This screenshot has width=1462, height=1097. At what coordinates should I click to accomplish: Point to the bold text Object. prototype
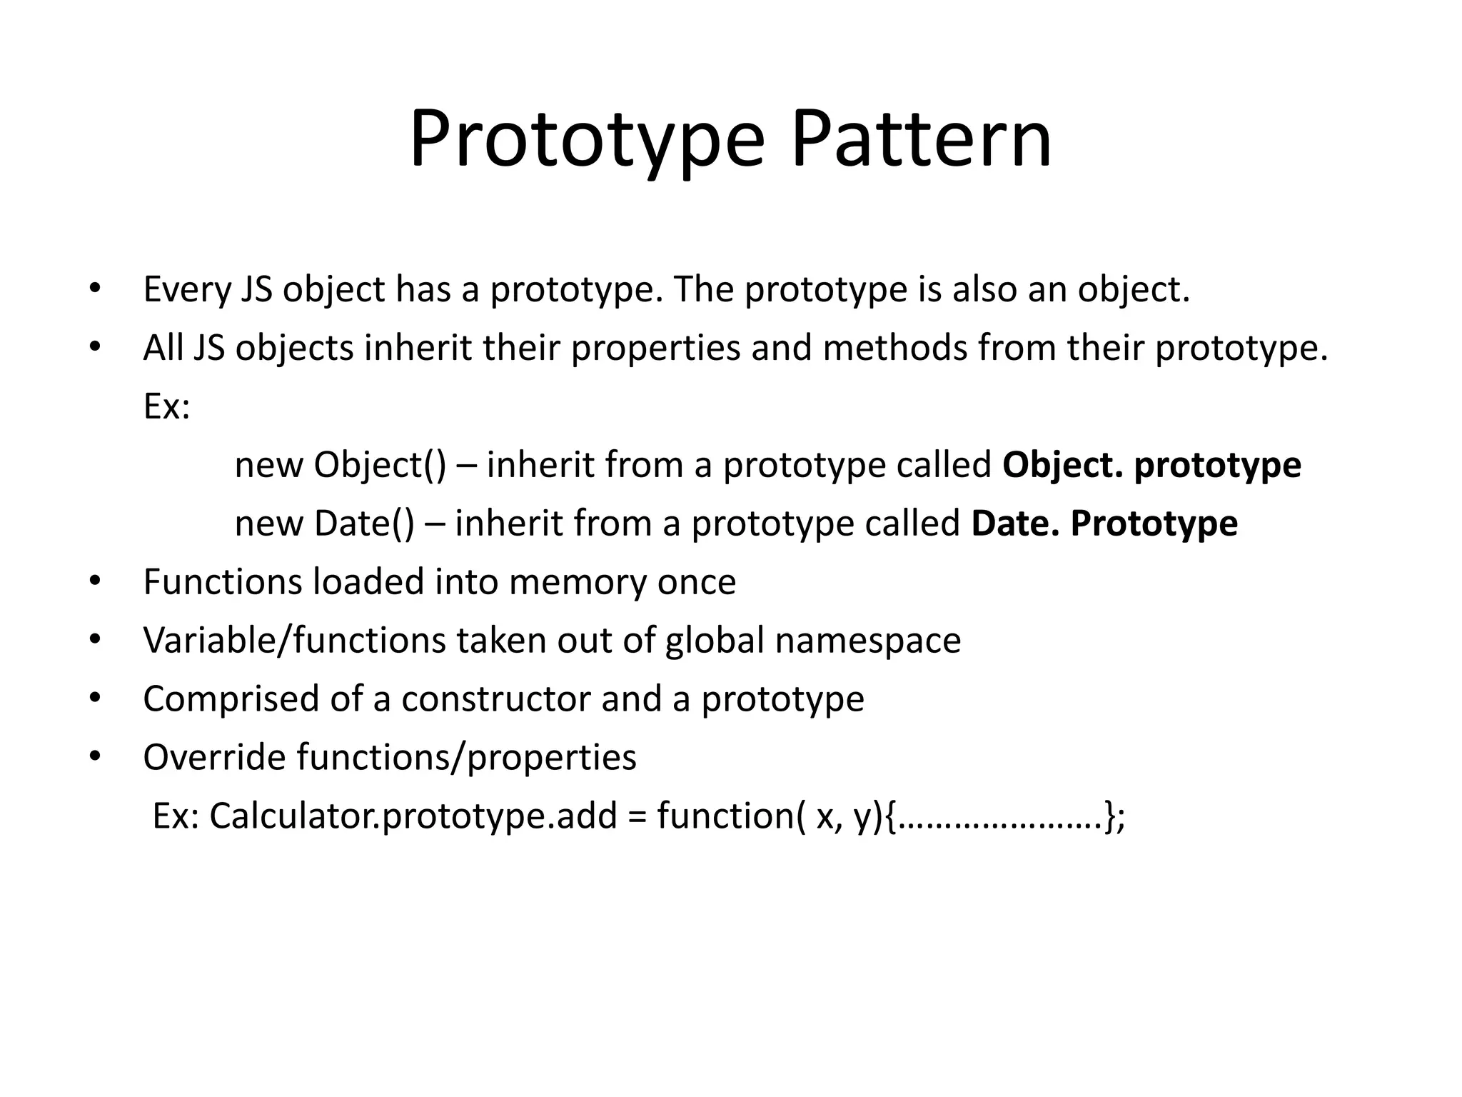[1151, 466]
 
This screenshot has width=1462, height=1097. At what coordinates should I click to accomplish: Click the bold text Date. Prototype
[1104, 524]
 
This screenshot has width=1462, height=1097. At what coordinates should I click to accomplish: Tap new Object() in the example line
[340, 466]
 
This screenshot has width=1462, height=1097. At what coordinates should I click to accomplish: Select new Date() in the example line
[324, 524]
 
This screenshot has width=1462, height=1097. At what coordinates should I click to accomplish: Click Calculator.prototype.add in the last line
[413, 816]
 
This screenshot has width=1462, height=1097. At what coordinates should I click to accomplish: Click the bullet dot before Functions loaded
[95, 582]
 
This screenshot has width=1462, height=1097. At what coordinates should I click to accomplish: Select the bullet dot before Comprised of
[95, 698]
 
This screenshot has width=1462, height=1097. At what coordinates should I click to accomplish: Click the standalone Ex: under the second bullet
[166, 407]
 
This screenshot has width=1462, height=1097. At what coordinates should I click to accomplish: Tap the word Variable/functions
[294, 641]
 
